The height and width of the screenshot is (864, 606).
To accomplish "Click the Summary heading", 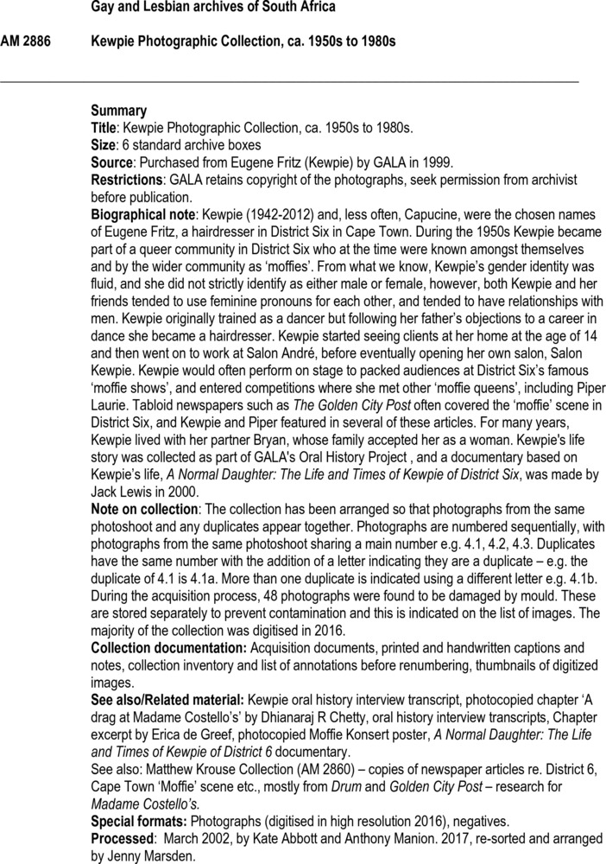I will pos(118,111).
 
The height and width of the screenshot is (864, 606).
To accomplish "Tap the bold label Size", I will pos(104,145).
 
